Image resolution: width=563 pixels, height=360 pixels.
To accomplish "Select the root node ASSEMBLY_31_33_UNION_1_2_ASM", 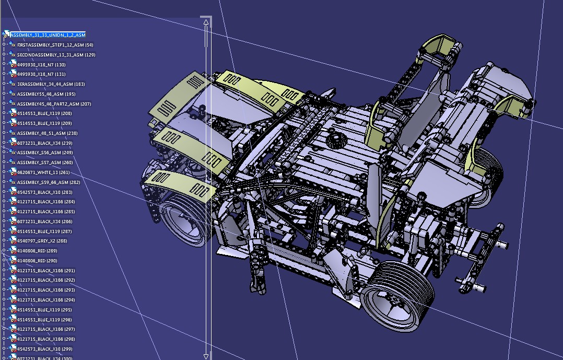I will pos(48,35).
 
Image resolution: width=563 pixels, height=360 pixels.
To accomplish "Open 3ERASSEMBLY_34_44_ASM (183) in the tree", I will pos(51,84).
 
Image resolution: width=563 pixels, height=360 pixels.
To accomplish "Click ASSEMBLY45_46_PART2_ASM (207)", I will pos(54,104).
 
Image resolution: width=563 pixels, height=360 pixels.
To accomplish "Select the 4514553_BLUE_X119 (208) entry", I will pos(44,113).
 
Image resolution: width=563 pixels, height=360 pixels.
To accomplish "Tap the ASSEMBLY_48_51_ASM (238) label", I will pos(49,133).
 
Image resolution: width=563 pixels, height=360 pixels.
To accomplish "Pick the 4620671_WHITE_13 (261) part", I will pos(43,172).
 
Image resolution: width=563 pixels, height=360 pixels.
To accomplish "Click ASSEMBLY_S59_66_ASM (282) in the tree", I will pos(49,182).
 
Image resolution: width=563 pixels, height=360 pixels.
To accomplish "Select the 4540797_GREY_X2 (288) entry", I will pos(42,241).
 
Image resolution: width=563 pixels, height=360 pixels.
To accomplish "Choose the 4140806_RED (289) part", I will pos(37,251).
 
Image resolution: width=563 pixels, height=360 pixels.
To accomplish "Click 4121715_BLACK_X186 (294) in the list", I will pos(46,300).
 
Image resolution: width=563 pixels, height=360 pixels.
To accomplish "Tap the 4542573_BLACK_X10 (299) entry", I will pos(44,349).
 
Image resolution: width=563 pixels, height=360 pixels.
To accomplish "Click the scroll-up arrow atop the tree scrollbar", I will pos(206,22).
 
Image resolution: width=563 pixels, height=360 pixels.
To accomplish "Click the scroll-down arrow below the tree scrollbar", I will pos(206,356).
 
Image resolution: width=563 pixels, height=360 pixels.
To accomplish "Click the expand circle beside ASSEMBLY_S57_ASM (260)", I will pos(4,162).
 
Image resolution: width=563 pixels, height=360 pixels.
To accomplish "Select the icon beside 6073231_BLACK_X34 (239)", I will pos(13,143).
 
